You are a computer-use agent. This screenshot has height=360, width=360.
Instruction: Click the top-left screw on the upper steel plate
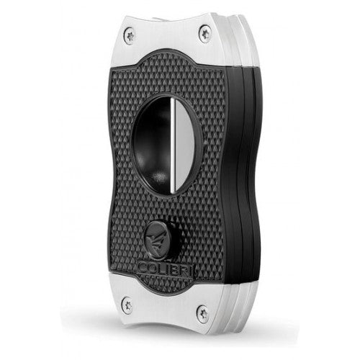130,36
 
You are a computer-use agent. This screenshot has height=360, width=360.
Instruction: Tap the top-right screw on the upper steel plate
204,34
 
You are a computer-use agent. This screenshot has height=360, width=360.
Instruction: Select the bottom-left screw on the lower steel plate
127,305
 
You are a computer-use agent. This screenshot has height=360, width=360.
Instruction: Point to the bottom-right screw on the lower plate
202,314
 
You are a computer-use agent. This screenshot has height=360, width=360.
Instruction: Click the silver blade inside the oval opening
185,145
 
